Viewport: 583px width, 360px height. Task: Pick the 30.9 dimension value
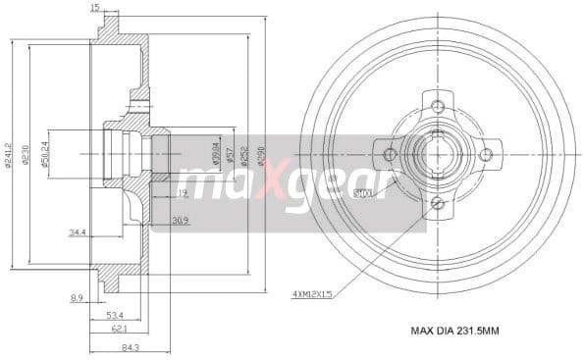(x=181, y=220)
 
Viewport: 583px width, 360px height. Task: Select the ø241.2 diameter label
(x=9, y=155)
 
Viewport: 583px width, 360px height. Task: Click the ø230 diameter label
(x=27, y=155)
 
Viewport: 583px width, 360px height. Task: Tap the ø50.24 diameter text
(x=46, y=155)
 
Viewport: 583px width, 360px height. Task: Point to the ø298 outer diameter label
(x=260, y=155)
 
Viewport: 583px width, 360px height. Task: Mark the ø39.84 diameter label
(x=215, y=155)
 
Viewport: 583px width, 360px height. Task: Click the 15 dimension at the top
(x=94, y=8)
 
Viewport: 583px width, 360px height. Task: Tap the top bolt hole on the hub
(x=437, y=106)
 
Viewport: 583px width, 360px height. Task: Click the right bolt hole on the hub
(x=484, y=154)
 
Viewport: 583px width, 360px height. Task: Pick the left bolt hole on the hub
(x=390, y=154)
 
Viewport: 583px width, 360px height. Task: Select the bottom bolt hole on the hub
(x=437, y=202)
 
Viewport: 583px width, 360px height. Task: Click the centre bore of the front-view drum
(x=437, y=154)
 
